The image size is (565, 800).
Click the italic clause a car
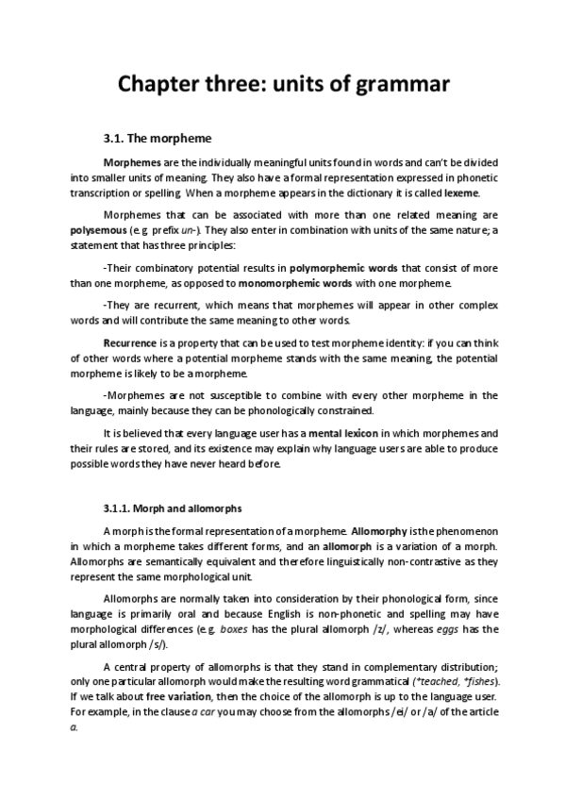[221, 714]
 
